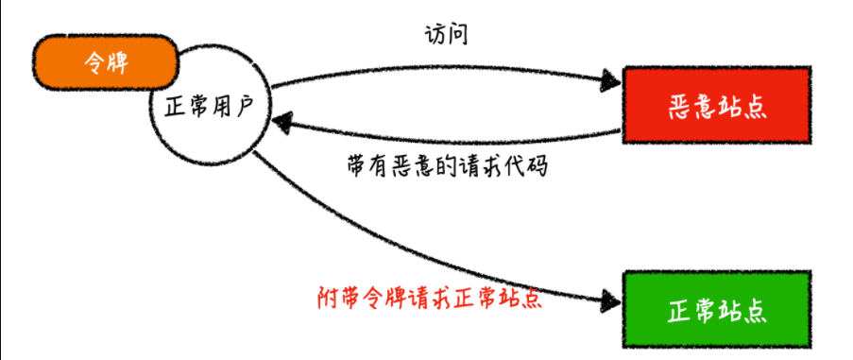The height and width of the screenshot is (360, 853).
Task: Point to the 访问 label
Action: (x=446, y=36)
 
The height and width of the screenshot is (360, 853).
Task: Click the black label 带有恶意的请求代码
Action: (x=448, y=166)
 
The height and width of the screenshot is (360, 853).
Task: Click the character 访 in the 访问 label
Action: (x=434, y=36)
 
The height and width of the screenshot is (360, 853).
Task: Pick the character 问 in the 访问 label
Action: (x=458, y=36)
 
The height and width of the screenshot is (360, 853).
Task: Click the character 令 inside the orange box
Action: (x=91, y=62)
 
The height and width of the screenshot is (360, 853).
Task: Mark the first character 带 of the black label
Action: (x=357, y=166)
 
